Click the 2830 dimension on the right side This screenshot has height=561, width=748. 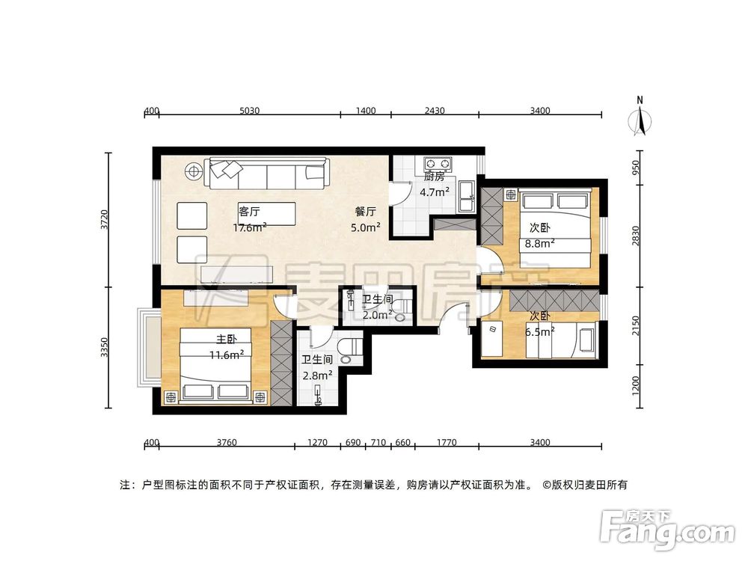[636, 236]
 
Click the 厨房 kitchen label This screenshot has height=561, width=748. [434, 177]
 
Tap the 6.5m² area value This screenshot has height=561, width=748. [542, 330]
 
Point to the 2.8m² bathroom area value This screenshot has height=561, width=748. [317, 374]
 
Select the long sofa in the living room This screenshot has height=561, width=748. [267, 175]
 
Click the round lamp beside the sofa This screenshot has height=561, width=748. [194, 171]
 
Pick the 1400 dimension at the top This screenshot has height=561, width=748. [365, 111]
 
